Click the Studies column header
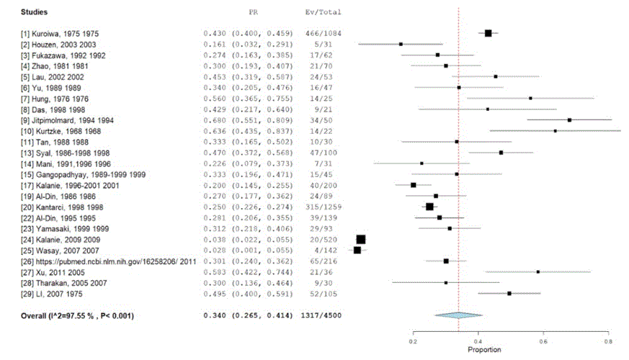tap(35, 13)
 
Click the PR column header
tap(254, 13)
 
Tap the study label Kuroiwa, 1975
tap(61, 33)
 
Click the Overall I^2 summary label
tap(77, 315)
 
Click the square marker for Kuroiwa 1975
tap(488, 33)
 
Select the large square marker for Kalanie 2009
tap(361, 239)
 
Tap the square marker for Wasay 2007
tap(357, 250)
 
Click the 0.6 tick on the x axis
tap(543, 343)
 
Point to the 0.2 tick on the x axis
tap(413, 343)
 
